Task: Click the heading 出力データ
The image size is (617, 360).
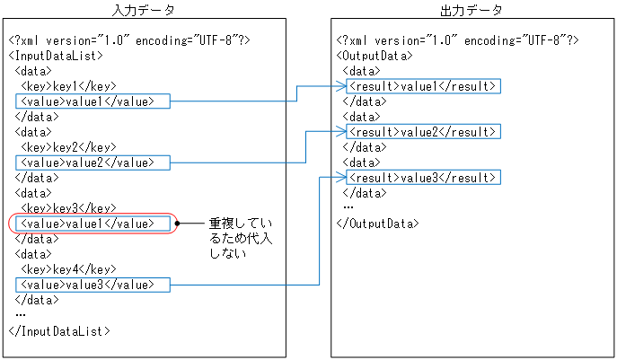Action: tap(472, 10)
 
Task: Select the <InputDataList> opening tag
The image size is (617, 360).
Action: tap(52, 55)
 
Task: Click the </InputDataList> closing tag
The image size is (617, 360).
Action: tap(57, 331)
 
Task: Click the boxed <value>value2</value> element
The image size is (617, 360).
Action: tap(93, 162)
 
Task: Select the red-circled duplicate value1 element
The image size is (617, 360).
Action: tap(93, 224)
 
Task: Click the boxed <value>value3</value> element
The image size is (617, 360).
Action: tap(93, 285)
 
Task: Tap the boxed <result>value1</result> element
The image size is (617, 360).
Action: tap(422, 86)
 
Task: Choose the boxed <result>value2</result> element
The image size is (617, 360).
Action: tap(422, 132)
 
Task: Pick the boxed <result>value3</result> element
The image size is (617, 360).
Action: tap(422, 178)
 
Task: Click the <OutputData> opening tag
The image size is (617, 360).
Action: tap(375, 55)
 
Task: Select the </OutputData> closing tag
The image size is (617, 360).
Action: tap(377, 224)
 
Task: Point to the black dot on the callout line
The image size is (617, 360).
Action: tap(180, 223)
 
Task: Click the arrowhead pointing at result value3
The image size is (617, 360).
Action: tap(342, 178)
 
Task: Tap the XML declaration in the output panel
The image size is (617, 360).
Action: tap(457, 40)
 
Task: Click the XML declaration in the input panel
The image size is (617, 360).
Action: tap(129, 40)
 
